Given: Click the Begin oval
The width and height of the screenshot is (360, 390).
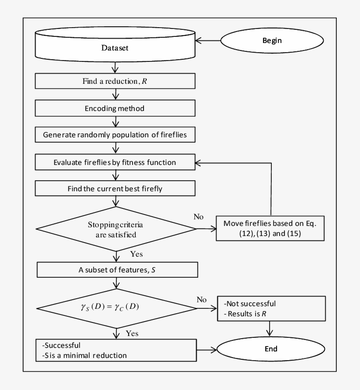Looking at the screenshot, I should click(x=272, y=41).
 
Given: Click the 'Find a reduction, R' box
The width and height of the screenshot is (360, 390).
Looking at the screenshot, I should click(x=115, y=82).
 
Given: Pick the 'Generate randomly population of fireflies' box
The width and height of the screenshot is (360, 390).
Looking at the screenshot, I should click(x=115, y=135).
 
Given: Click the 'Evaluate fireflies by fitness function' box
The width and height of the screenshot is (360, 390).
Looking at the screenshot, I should click(x=115, y=162).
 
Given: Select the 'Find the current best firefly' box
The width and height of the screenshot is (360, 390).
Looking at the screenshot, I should click(x=115, y=189).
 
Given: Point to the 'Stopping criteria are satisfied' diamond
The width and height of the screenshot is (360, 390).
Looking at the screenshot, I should click(x=115, y=229).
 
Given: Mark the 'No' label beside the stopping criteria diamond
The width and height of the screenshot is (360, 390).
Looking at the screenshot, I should click(x=198, y=217).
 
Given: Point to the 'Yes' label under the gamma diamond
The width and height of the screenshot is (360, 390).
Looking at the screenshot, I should click(x=132, y=333).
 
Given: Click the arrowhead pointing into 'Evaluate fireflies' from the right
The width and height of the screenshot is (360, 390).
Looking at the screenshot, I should click(x=198, y=162).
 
